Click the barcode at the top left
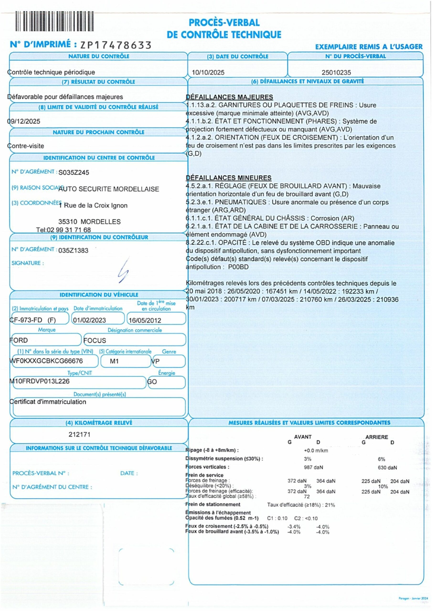click(x=54, y=21)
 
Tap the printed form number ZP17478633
click(x=116, y=45)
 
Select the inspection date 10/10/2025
click(x=208, y=72)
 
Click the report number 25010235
click(x=336, y=72)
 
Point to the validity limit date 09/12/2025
click(x=24, y=121)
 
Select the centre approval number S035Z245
click(x=74, y=173)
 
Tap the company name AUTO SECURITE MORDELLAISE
click(x=109, y=189)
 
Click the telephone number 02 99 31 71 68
click(x=69, y=230)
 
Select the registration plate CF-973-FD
click(x=26, y=320)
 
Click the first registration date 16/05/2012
click(x=145, y=320)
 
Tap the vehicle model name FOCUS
click(x=95, y=340)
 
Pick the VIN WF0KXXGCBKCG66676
click(x=46, y=361)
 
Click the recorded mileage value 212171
click(x=79, y=435)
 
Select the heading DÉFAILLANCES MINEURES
click(x=229, y=178)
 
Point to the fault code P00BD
click(x=238, y=267)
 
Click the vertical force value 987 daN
click(x=313, y=467)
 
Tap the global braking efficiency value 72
click(x=307, y=497)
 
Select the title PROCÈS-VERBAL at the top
click(x=224, y=23)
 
